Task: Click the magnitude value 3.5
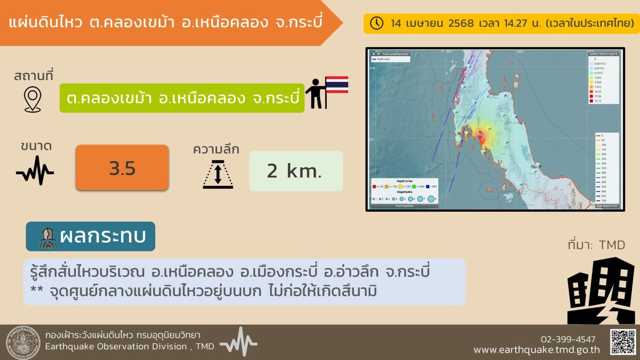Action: [x=122, y=168]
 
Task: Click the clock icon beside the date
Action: [x=377, y=23]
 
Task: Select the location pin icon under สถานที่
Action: [x=32, y=99]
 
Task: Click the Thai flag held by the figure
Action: [x=336, y=85]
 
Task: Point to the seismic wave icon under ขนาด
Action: [x=35, y=171]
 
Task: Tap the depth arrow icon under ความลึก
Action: [x=218, y=174]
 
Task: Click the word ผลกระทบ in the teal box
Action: [x=102, y=236]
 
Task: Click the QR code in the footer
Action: [x=623, y=342]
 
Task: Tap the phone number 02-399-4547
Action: [x=568, y=339]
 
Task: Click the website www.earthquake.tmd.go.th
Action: [x=537, y=350]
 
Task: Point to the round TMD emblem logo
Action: [x=23, y=343]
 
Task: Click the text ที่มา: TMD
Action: [x=596, y=245]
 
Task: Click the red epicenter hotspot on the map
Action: [x=480, y=137]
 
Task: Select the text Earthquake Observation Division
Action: [x=116, y=347]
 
